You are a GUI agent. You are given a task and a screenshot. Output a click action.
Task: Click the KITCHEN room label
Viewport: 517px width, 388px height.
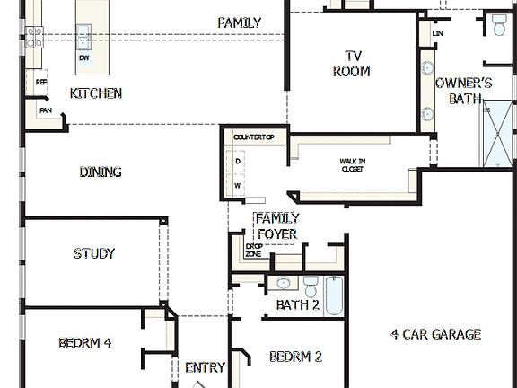click(96, 93)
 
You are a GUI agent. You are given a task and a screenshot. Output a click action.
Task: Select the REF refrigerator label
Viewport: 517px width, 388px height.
click(41, 82)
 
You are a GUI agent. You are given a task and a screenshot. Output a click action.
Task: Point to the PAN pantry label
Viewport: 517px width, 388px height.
click(45, 110)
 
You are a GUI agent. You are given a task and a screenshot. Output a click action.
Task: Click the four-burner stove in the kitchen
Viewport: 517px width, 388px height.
click(34, 37)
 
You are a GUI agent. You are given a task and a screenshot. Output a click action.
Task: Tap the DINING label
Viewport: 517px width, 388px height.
click(101, 172)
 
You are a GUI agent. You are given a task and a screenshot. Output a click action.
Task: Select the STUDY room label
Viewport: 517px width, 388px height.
click(94, 253)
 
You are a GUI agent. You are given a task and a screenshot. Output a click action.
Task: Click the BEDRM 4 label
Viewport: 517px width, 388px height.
click(85, 342)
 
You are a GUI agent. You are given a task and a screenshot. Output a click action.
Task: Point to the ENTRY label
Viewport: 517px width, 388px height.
click(205, 367)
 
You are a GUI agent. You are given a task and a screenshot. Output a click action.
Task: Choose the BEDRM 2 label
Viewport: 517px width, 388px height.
click(295, 357)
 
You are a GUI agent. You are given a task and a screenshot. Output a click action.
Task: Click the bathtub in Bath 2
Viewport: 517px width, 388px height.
click(334, 295)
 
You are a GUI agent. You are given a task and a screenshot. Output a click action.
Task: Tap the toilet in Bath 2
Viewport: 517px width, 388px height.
click(311, 287)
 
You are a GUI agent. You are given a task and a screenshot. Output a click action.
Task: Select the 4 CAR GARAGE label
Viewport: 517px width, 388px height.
click(436, 334)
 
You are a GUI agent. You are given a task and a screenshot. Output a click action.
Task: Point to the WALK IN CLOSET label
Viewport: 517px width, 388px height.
click(351, 165)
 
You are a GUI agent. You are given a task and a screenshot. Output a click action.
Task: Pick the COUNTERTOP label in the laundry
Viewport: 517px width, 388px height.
click(259, 137)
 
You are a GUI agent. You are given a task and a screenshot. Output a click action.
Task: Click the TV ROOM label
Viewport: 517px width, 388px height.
click(351, 63)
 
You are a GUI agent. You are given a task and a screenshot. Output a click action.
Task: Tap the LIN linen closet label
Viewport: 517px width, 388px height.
click(438, 33)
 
